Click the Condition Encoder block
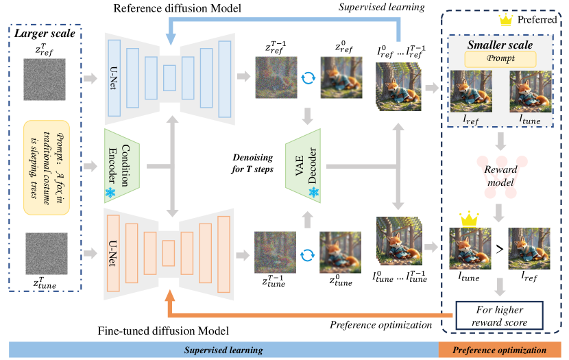pos(122,166)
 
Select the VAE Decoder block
pos(303,166)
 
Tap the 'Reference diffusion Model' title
pos(177,8)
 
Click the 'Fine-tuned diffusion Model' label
pos(163,331)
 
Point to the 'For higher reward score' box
pos(499,315)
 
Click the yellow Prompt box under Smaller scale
pos(500,59)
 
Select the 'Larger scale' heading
pos(45,34)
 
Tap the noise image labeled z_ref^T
pos(45,80)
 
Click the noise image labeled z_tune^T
pos(47,254)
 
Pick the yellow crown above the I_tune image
pos(469,219)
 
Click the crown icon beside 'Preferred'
pos(505,20)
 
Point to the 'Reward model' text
pos(500,176)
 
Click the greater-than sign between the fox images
pos(500,249)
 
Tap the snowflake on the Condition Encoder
pos(110,192)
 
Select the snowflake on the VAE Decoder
pos(314,192)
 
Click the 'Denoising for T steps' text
pos(252,163)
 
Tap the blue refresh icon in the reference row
pos(308,77)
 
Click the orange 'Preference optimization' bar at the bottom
pos(500,350)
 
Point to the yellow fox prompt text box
pos(47,168)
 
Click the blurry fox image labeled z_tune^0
pos(341,252)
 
